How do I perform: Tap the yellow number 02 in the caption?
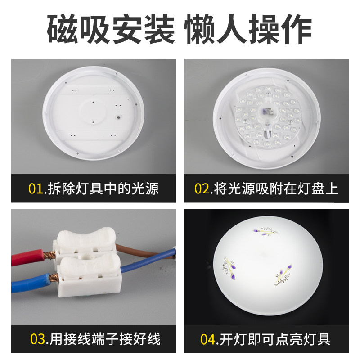[202, 189]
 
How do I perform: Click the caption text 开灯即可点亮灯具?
[275, 338]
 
